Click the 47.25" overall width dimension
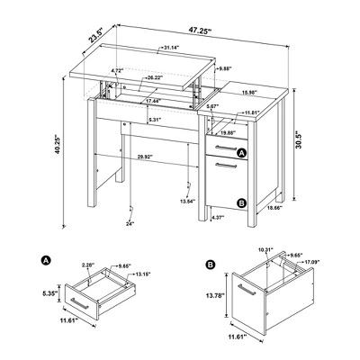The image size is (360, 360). click(200, 31)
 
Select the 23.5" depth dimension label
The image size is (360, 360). click(95, 35)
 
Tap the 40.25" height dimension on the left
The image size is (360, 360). click(58, 146)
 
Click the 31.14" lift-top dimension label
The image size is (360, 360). click(171, 47)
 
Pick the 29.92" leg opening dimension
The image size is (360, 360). click(145, 157)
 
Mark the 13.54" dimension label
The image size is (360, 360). click(187, 202)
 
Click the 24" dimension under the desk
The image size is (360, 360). click(130, 223)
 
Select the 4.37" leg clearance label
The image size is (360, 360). click(218, 217)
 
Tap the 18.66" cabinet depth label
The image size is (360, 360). click(275, 208)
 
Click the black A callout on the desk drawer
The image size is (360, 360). click(241, 153)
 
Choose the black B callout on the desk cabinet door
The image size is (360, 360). click(241, 203)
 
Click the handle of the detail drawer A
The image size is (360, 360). click(79, 303)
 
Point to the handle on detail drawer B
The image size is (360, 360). click(247, 290)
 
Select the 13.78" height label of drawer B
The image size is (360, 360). click(215, 295)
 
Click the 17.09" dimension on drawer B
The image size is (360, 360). click(312, 262)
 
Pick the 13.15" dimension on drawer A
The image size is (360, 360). click(143, 274)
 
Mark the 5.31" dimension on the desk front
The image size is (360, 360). click(155, 120)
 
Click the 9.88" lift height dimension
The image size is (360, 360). click(226, 68)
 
